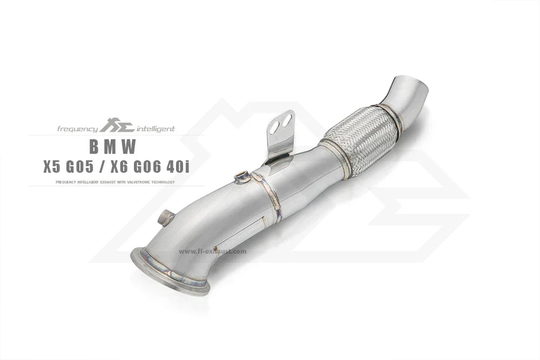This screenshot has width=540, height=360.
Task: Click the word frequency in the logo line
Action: (x=78, y=129)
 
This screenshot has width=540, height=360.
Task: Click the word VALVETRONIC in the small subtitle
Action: (x=139, y=182)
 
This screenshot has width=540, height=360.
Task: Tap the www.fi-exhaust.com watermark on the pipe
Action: (x=212, y=252)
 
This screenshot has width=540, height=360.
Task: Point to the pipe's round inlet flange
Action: (x=170, y=272)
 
